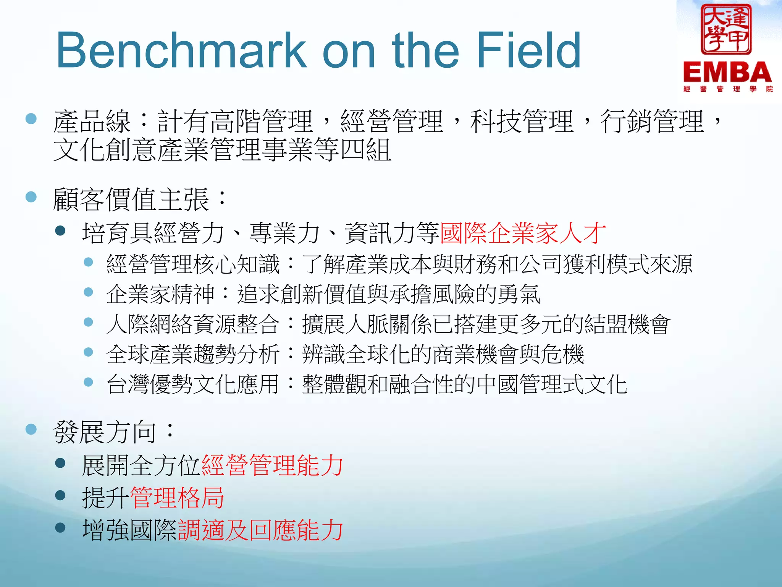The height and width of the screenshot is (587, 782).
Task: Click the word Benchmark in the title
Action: click(181, 50)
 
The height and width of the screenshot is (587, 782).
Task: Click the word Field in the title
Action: click(528, 50)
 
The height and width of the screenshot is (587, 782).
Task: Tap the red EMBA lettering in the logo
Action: click(727, 72)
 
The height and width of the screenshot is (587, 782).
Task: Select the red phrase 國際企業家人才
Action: click(523, 233)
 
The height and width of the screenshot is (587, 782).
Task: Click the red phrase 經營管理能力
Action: click(272, 465)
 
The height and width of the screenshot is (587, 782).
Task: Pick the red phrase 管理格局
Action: click(177, 498)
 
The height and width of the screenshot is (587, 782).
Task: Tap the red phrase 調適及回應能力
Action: click(260, 530)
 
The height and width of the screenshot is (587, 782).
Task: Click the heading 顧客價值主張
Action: click(131, 199)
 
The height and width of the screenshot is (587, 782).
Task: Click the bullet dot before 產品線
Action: click(31, 118)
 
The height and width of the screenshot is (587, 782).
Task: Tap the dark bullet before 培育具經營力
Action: click(60, 230)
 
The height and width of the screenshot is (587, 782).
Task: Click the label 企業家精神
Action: click(160, 294)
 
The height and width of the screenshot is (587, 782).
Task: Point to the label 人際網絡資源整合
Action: click(193, 324)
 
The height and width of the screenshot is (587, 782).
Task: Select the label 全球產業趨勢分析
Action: click(193, 354)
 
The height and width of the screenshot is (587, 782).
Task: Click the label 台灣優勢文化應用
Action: click(193, 384)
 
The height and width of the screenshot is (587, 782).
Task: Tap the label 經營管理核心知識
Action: click(193, 264)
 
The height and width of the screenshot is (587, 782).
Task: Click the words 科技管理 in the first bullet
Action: click(522, 122)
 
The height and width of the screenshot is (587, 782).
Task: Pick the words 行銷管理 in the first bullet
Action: click(651, 122)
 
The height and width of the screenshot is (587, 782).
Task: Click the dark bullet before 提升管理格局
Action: click(60, 496)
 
